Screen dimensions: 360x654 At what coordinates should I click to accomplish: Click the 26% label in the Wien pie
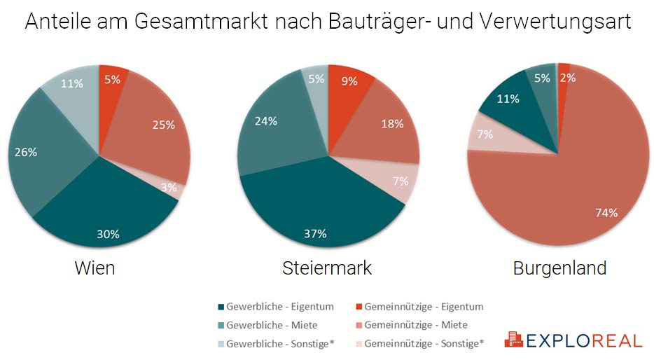pos(26,152)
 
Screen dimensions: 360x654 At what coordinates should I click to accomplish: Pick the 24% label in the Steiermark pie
pos(266,120)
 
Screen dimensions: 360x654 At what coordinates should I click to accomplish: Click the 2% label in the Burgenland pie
pos(568,78)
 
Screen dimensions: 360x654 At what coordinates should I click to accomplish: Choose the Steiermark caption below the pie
pos(327,268)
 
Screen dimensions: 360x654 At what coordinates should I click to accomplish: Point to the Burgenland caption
pos(559,268)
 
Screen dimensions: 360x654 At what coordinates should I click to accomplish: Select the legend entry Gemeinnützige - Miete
pos(415,325)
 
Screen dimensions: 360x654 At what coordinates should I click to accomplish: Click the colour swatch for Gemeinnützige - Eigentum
pos(359,307)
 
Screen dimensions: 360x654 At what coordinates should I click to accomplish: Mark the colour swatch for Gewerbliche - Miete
pos(221,325)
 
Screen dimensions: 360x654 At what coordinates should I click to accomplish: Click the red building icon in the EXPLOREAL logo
pos(513,340)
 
